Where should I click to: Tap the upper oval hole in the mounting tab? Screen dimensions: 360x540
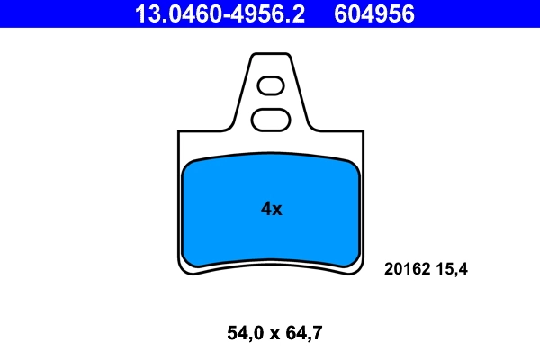click(271, 86)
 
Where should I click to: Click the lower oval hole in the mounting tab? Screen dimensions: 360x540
click(269, 118)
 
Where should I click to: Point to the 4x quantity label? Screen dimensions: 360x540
click(271, 209)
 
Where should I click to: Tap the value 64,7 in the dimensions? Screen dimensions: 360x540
click(302, 334)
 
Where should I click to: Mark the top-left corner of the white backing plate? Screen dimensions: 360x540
click(180, 133)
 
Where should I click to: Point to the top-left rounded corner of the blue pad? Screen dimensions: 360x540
click(188, 166)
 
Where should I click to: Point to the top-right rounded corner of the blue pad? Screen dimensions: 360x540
click(354, 166)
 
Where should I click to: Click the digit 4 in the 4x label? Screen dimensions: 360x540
click(265, 209)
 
